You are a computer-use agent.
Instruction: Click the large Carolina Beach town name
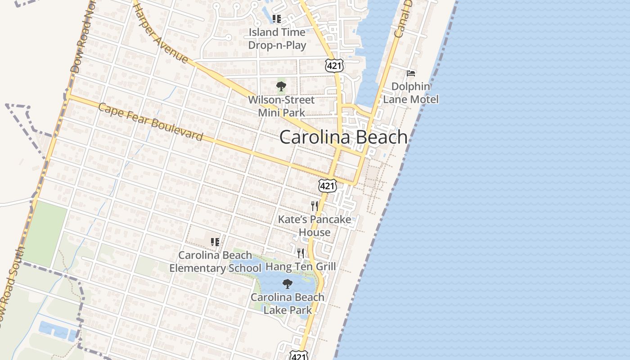pos(343,137)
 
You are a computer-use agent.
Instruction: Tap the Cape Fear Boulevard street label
pos(150,122)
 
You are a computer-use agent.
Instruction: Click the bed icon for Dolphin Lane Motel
pos(410,73)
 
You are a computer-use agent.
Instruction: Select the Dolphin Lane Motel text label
pos(410,93)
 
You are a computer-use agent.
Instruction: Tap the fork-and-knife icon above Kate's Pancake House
pos(315,206)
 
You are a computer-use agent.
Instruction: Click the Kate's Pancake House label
pos(315,226)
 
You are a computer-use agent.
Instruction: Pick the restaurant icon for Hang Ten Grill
pos(301,253)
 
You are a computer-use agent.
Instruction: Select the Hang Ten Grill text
pos(301,266)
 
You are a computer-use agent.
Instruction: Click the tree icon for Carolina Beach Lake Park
pos(287,284)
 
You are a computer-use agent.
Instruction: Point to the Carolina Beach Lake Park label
pos(288,303)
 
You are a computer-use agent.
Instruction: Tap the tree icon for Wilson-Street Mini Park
pos(281,86)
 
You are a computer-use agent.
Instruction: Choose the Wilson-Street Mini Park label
pos(281,106)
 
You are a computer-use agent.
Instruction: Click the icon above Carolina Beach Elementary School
pos(215,242)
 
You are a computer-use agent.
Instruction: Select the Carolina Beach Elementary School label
pos(215,261)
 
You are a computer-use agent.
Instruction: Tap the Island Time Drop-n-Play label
pos(277,39)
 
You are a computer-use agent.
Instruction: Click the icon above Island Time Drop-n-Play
pos(277,19)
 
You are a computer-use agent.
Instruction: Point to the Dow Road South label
pos(11,288)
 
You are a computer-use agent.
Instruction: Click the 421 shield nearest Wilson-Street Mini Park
pos(335,66)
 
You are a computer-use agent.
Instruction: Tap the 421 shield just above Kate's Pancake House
pos(327,185)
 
